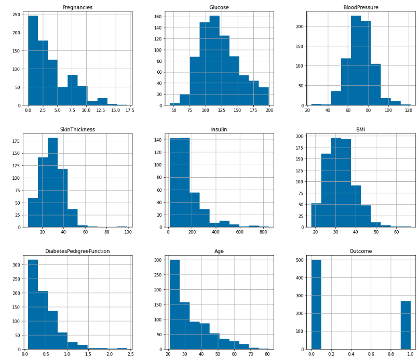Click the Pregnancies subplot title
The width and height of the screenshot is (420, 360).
pos(77,7)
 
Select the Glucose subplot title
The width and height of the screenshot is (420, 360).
pos(219,7)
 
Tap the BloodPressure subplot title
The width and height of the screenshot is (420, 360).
pos(361,7)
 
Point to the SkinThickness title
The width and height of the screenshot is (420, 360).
pos(77,129)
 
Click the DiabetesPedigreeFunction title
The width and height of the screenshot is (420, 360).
pos(77,251)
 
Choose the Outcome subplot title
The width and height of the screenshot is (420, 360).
pos(361,251)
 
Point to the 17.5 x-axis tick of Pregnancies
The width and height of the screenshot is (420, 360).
pos(130,110)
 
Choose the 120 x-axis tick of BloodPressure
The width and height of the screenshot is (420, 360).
pos(409,110)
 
